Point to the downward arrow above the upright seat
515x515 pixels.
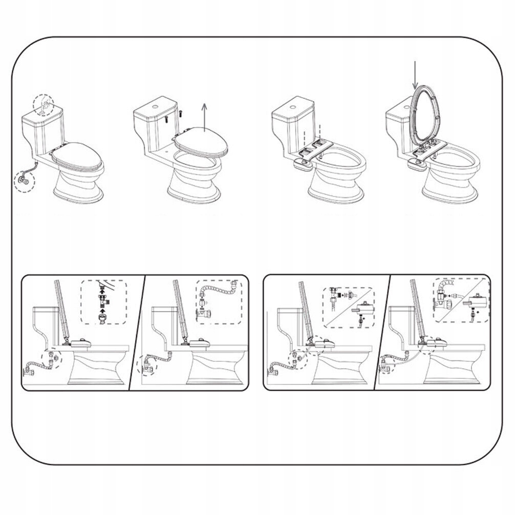(415, 74)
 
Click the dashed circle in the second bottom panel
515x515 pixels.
(148, 364)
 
